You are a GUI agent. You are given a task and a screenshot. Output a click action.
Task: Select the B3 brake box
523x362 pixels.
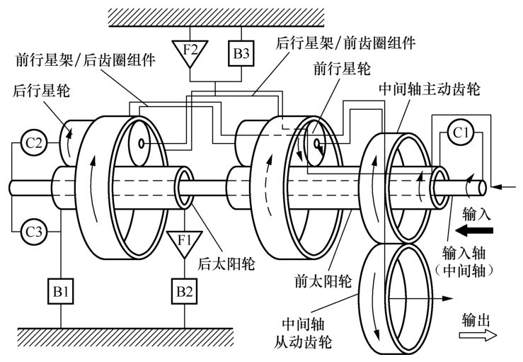[242, 53]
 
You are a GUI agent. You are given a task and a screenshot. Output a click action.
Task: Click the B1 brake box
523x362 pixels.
[60, 290]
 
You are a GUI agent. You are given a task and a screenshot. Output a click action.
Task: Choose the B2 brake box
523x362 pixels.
[185, 290]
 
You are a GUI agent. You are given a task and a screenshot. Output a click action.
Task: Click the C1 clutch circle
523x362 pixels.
[461, 132]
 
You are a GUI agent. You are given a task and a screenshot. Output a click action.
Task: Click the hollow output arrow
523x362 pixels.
[478, 339]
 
